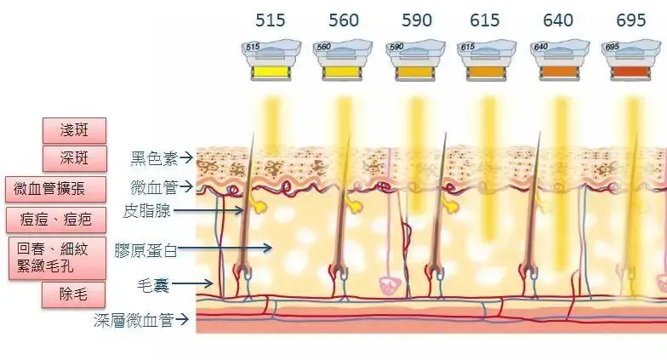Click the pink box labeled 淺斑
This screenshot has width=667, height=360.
pos(74,130)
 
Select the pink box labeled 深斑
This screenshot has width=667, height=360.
pos(74,158)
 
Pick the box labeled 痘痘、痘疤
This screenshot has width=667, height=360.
pos(55,219)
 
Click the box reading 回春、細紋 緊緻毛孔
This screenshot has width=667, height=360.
pos(55,256)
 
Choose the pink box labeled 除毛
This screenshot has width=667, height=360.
pos(74,294)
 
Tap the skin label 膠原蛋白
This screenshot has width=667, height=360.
pos(147,249)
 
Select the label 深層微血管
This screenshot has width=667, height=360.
pos(134,320)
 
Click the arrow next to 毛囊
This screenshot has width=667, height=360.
pos(204,283)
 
